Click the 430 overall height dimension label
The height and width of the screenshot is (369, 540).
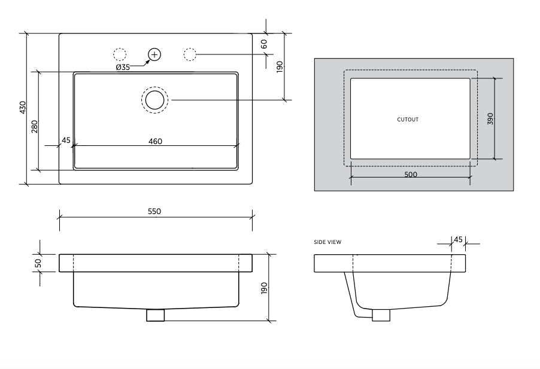23,108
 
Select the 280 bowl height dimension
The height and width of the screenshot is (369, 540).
35,126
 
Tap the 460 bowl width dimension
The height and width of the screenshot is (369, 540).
155,141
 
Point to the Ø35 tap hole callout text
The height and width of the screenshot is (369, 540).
123,67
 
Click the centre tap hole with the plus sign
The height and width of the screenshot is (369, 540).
154,54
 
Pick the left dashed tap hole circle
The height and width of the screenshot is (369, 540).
120,54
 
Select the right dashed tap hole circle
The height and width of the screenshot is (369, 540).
190,54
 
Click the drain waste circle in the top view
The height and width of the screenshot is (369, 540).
155,99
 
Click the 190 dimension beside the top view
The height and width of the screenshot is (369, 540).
280,67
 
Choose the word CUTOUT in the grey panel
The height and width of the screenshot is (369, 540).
408,120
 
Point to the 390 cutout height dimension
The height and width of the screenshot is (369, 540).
490,118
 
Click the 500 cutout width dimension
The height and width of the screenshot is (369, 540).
411,175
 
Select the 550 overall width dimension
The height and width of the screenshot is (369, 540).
154,211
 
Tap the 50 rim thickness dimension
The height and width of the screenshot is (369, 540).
38,263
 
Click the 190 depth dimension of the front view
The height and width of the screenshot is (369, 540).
264,289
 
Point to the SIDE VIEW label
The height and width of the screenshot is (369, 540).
327,242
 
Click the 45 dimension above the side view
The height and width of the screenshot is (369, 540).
458,239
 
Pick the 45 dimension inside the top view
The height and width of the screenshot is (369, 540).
66,141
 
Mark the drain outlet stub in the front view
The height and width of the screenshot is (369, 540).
155,315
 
